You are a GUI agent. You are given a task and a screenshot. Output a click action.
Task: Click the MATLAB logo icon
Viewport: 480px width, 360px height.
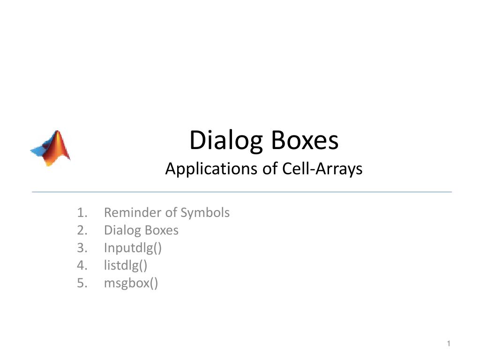pos(51,148)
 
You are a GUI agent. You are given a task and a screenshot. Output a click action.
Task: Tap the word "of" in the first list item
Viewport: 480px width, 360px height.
pos(170,213)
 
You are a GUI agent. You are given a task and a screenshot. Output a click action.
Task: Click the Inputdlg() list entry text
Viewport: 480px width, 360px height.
pos(133,248)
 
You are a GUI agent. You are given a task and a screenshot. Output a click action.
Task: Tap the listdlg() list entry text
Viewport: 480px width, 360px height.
pos(126,266)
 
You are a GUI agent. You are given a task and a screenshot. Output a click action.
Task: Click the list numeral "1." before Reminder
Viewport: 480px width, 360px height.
pos(82,213)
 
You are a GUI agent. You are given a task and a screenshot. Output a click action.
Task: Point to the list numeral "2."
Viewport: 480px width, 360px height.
pos(82,231)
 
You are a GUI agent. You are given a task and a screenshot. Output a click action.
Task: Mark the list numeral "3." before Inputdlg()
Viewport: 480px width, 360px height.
pos(82,248)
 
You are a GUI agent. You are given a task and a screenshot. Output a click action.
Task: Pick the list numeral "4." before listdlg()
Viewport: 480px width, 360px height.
pos(82,266)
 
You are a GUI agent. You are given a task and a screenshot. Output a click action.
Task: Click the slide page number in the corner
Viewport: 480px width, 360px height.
pos(448,345)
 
